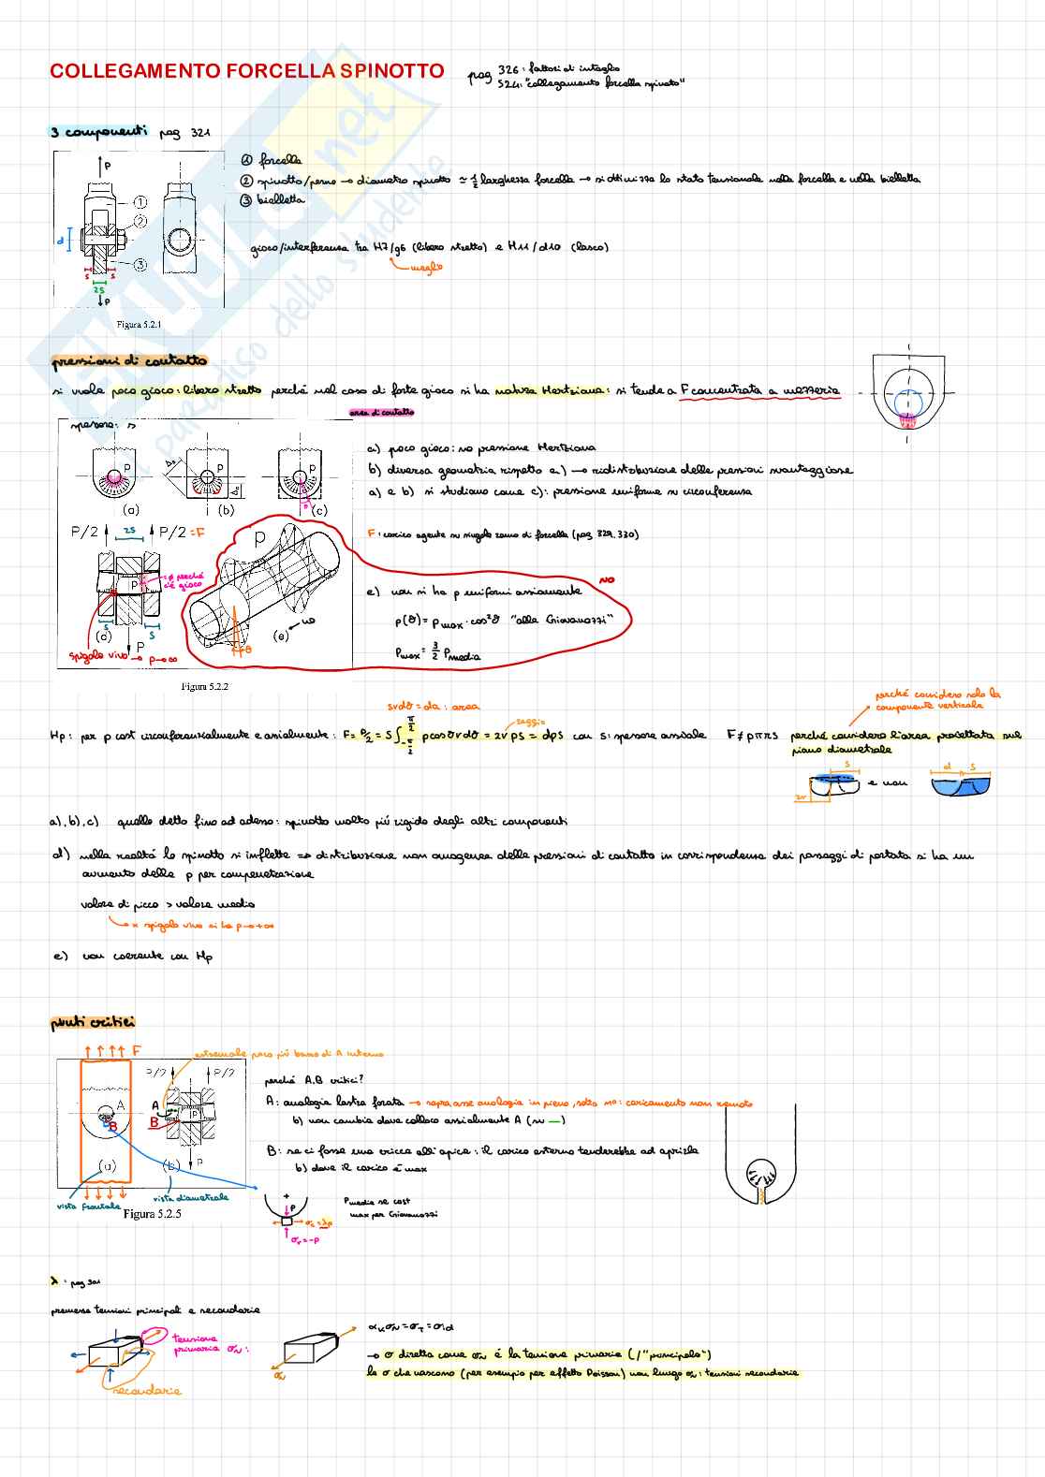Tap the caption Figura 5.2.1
(139, 325)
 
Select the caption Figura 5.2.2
(204, 686)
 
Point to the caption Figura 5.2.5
(152, 1214)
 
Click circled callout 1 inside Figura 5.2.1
(140, 202)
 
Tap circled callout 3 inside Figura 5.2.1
(140, 265)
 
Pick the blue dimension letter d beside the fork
(62, 241)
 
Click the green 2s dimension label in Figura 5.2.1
(99, 290)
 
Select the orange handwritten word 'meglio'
(426, 268)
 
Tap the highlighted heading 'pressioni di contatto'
(129, 360)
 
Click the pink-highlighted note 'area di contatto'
(381, 412)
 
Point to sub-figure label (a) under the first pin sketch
(131, 510)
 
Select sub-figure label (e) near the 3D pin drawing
(281, 636)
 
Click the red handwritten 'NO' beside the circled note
(607, 580)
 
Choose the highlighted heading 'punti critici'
(93, 1022)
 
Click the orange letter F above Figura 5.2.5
(137, 1050)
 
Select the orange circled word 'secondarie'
(147, 1390)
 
